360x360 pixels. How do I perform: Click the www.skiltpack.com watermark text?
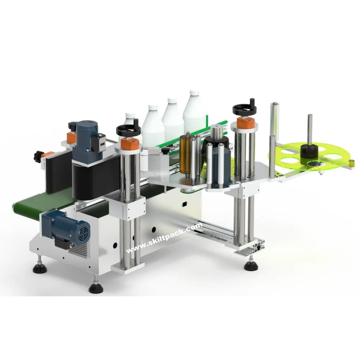coord(164,238)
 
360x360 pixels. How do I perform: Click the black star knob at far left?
coord(37,156)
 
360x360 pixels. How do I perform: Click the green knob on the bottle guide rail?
coord(165,149)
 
